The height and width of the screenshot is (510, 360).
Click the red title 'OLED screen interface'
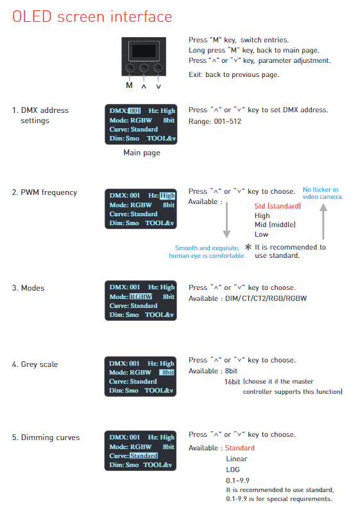92,17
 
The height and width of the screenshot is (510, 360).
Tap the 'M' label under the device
129,85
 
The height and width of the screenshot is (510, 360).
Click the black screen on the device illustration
144,51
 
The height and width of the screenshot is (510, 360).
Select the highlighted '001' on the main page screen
135,110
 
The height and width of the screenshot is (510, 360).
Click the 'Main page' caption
142,153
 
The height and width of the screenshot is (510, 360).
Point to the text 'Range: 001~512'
215,121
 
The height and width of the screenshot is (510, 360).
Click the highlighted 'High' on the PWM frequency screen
167,196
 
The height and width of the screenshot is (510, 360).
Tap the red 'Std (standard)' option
278,206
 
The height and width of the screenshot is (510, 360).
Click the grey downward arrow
227,220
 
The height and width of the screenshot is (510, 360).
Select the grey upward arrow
323,221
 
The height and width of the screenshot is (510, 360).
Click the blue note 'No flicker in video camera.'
323,193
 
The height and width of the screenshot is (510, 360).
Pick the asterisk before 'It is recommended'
248,247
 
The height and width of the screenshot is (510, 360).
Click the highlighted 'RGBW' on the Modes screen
141,296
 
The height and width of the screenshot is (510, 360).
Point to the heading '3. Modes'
28,288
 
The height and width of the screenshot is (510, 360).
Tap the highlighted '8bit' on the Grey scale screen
167,373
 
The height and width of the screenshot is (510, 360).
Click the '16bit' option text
232,382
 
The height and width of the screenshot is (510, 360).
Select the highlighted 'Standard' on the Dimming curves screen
144,455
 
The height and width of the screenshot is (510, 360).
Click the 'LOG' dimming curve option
233,470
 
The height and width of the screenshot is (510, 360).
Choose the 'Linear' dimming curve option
237,459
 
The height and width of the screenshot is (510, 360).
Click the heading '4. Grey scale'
35,364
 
